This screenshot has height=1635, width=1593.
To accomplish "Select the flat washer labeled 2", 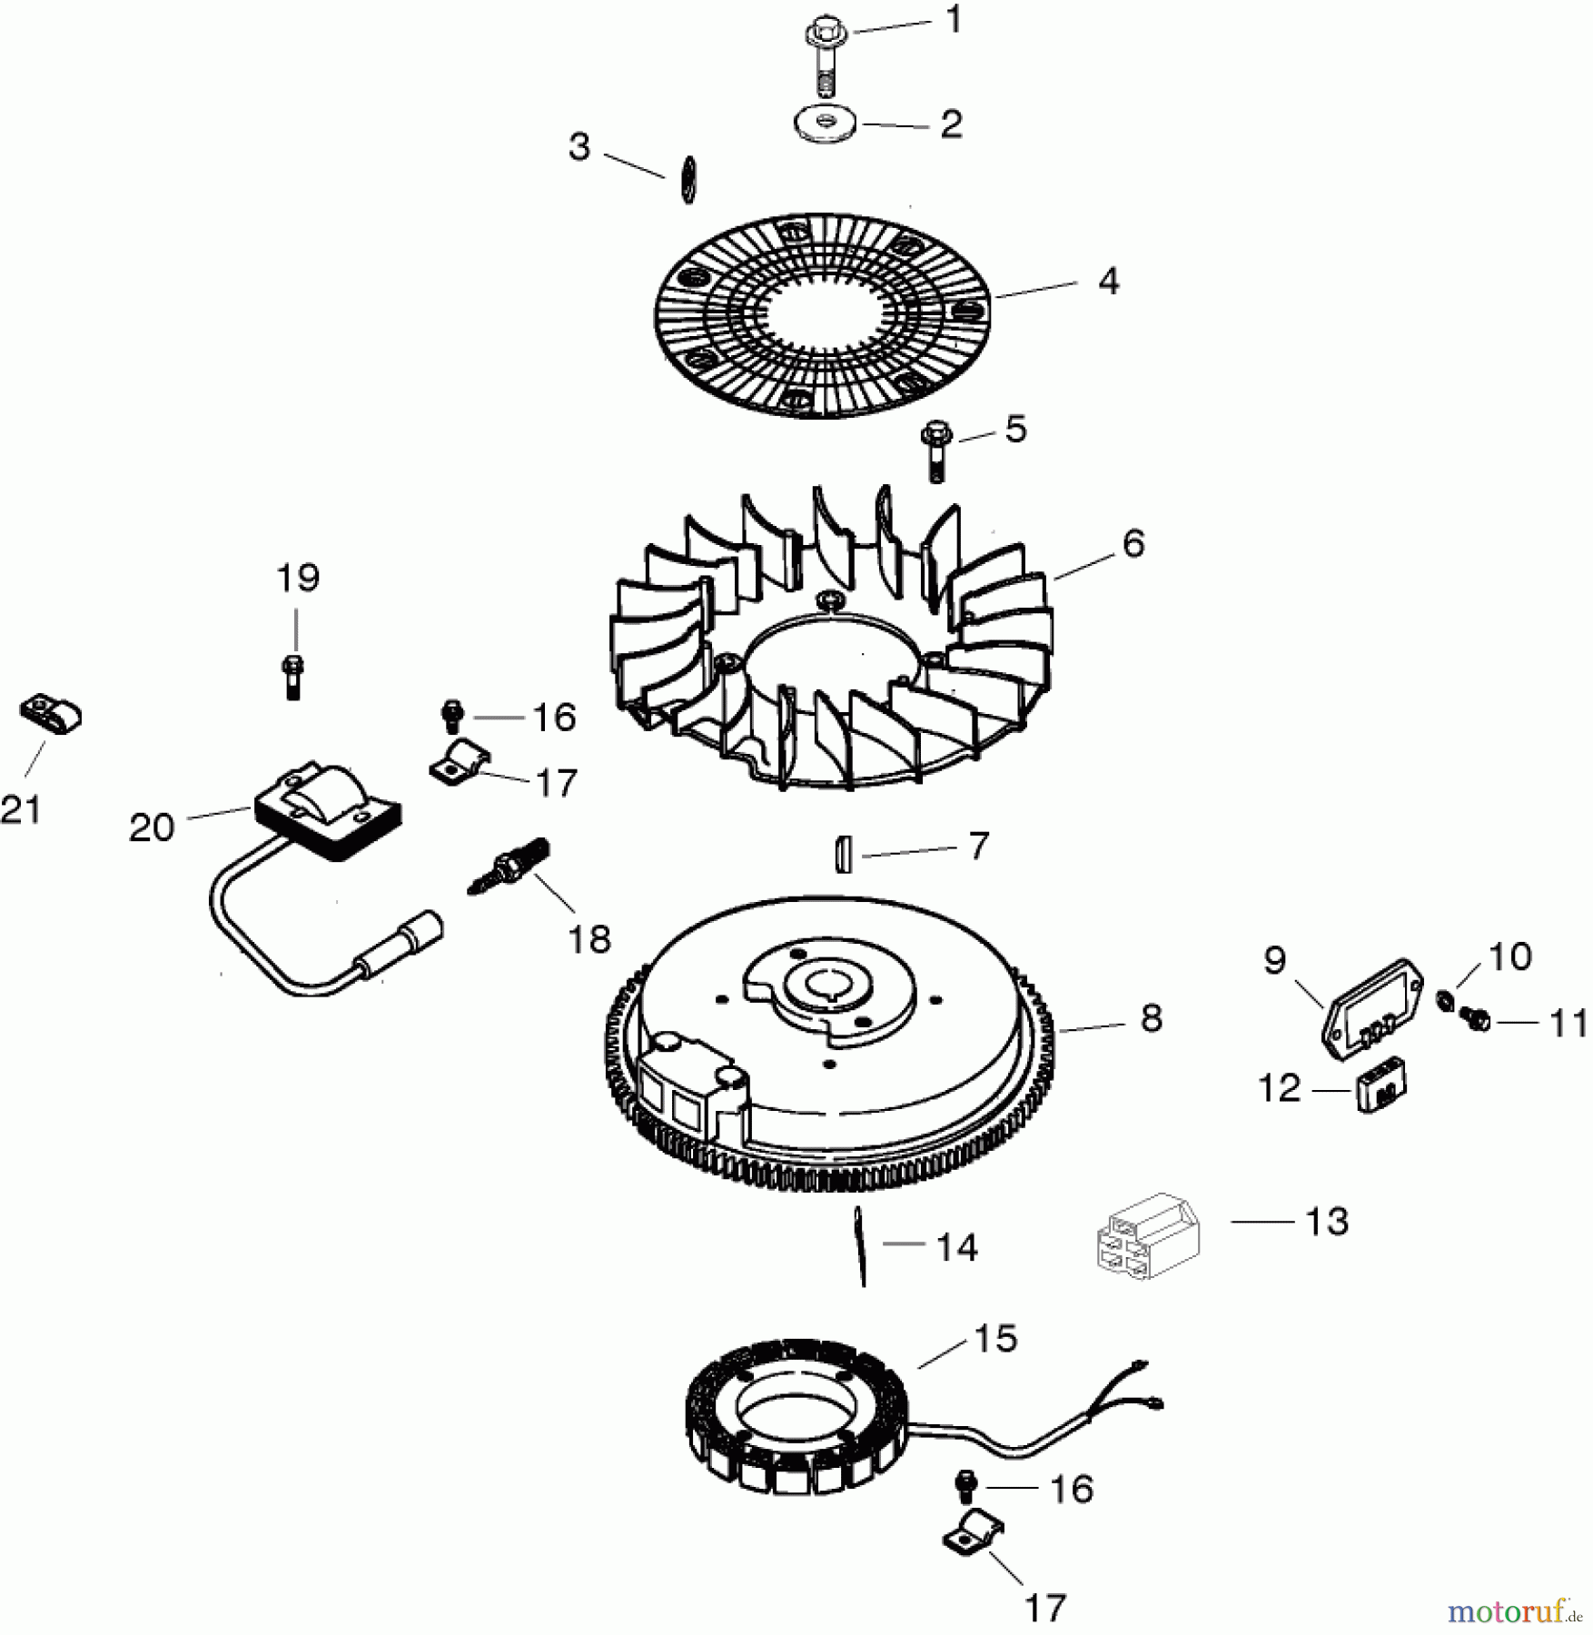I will pos(825,124).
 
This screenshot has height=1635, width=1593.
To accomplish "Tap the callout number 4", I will pos(1108,281).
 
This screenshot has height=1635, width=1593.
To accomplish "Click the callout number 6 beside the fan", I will pos(1133,543).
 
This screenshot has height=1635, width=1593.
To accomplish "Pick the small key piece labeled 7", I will pos(844,855).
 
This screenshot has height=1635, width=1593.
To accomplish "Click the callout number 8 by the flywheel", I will pos(1151,1018).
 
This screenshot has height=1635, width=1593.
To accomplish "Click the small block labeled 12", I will pos(1381,1090).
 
